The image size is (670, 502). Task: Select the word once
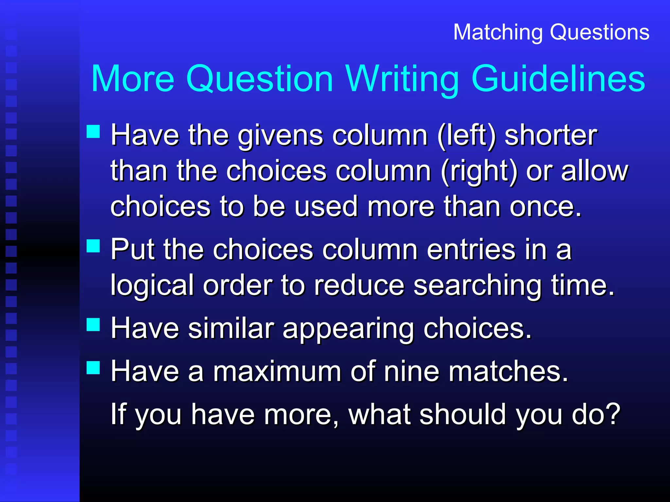545,207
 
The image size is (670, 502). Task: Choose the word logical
152,286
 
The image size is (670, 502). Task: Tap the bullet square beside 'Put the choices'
93,246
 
